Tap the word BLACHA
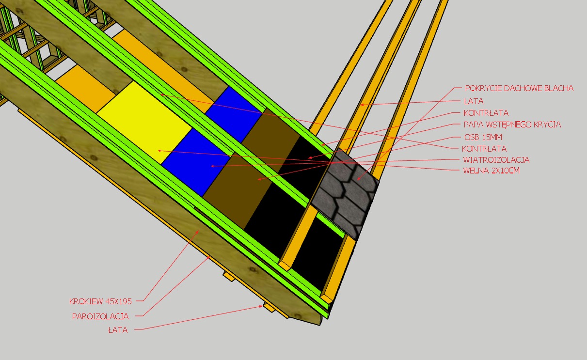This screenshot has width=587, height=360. (559, 88)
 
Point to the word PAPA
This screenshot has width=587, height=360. (473, 125)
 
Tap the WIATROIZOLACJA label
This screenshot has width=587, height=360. (496, 159)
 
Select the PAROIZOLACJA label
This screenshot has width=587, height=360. (100, 316)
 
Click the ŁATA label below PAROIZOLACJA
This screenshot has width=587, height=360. (118, 330)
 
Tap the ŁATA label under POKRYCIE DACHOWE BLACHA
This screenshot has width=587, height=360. (474, 101)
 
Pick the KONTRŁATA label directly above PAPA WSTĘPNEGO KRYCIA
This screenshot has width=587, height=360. (486, 113)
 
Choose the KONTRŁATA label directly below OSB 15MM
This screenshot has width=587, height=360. (485, 148)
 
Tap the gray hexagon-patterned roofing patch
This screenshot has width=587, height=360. (345, 192)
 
